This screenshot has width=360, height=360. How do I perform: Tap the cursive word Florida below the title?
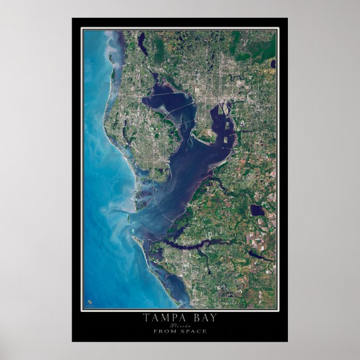181,325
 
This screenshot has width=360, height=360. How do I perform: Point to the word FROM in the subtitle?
165,331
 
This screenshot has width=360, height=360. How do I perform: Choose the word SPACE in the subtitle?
193,331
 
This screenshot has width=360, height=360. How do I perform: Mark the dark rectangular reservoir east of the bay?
257,210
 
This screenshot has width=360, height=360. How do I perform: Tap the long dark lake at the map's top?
143,44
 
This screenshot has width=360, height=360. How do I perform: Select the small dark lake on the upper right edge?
273,64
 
